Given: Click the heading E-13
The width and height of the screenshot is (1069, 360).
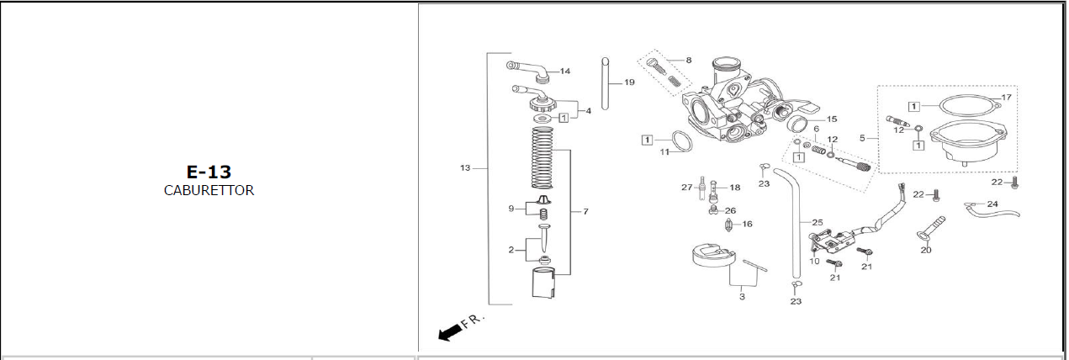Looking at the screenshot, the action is pyautogui.click(x=209, y=172).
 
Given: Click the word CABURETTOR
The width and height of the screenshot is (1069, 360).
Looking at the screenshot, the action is pyautogui.click(x=209, y=190).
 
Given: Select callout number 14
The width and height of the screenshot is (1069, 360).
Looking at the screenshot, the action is pyautogui.click(x=565, y=71).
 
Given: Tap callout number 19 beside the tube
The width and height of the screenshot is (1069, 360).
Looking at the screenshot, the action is pyautogui.click(x=629, y=82).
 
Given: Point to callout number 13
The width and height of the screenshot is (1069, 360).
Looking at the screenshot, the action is pyautogui.click(x=465, y=168).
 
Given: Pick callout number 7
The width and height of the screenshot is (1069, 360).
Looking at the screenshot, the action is pyautogui.click(x=585, y=211).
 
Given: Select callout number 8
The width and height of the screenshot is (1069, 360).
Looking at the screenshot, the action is pyautogui.click(x=689, y=61).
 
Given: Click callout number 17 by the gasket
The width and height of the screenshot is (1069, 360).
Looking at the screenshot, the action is pyautogui.click(x=1007, y=97).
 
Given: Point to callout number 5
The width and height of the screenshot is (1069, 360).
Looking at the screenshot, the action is pyautogui.click(x=862, y=138).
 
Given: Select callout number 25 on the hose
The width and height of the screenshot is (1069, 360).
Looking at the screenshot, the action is pyautogui.click(x=818, y=222).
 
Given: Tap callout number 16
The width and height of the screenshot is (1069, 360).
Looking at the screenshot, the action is pyautogui.click(x=748, y=224).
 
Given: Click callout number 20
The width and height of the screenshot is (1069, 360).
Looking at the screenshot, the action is pyautogui.click(x=926, y=250).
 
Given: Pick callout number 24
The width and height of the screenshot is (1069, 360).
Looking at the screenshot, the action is pyautogui.click(x=992, y=204).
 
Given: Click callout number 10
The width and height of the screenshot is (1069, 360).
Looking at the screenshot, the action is pyautogui.click(x=815, y=261).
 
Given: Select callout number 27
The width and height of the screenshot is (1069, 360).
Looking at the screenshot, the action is pyautogui.click(x=687, y=188).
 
